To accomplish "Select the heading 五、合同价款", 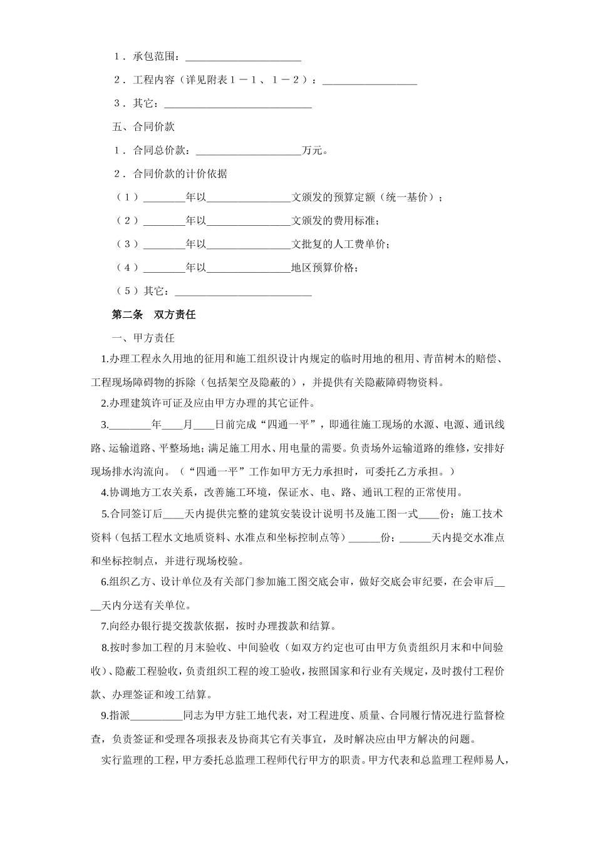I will (143, 127).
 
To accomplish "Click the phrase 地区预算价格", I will (324, 268).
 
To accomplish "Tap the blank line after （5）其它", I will (243, 292).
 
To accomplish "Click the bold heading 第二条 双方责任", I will (153, 315).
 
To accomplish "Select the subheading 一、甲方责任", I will (143, 338).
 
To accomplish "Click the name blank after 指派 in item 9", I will (155, 716).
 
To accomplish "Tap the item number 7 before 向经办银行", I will (104, 626).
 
